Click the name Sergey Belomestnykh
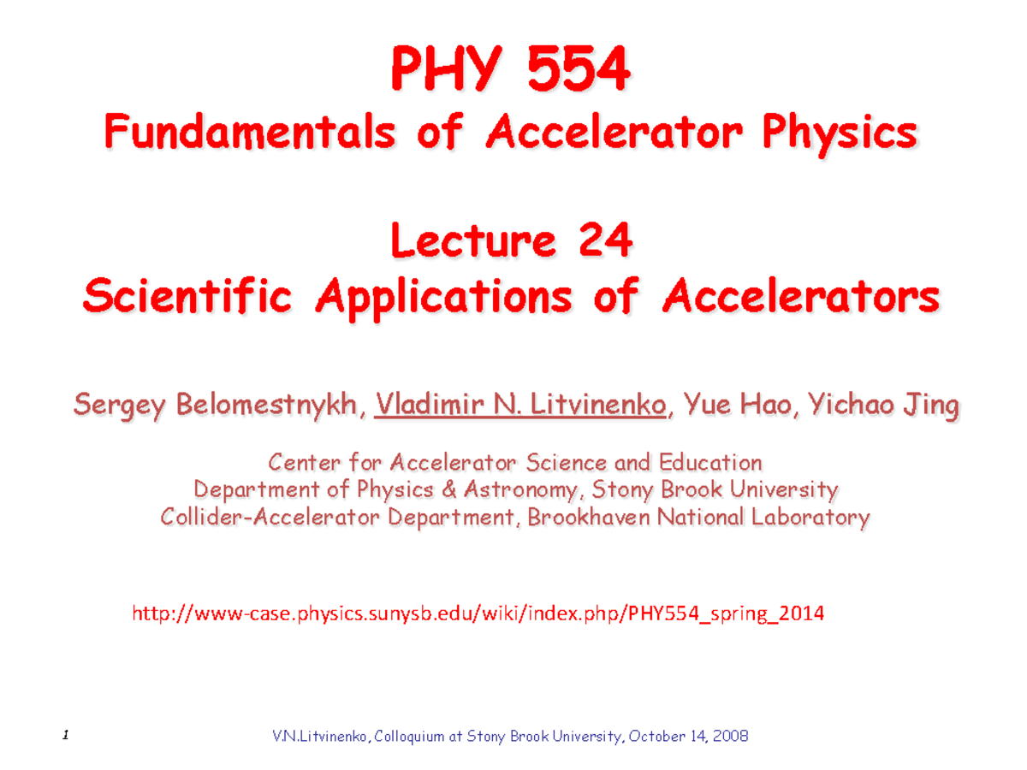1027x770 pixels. click(214, 405)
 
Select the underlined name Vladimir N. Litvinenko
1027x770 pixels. click(520, 405)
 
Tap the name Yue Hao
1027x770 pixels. click(737, 405)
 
